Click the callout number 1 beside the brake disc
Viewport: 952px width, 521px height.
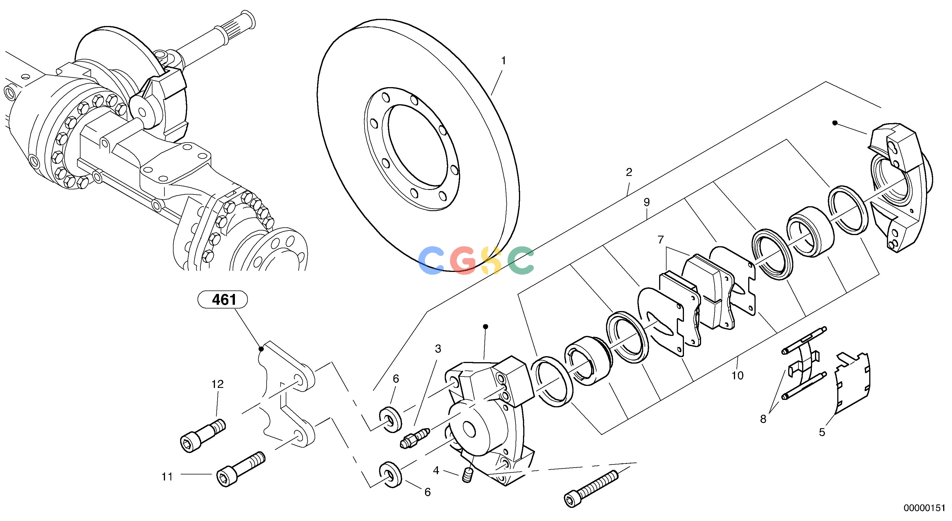(503, 61)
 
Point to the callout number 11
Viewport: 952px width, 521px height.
(167, 477)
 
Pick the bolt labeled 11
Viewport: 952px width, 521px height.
(240, 469)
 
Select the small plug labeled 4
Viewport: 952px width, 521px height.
(468, 475)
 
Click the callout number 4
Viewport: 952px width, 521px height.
(436, 471)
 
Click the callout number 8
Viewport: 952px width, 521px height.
(763, 419)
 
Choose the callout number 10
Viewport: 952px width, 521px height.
(737, 376)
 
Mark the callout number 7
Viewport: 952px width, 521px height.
(661, 240)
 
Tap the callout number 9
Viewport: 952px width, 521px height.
(646, 202)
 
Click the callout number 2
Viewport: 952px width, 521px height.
(629, 172)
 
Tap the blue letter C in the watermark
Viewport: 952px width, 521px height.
(431, 261)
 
